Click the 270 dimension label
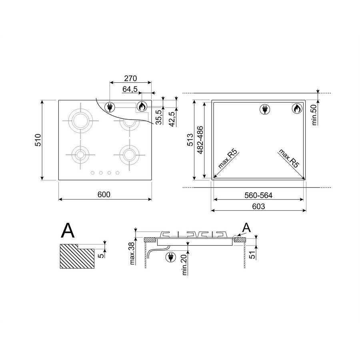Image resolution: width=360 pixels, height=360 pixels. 130,78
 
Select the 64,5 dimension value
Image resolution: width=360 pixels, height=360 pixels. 130,89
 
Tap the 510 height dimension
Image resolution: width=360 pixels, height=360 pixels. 38,140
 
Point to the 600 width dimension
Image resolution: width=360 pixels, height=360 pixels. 104,194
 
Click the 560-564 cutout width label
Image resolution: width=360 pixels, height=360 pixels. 258,195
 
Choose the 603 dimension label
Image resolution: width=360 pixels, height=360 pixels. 258,206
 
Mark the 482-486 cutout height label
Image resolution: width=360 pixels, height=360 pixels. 200,140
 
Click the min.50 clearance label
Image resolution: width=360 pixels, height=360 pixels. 314,115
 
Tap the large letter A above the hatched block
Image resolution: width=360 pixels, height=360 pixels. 68,230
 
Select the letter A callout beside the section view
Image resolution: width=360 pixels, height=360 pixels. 246,228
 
